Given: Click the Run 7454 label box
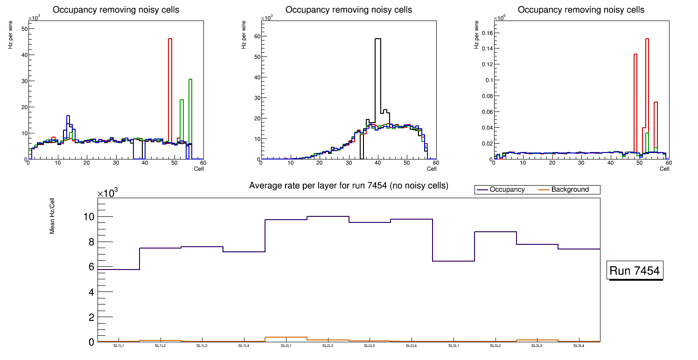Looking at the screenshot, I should [635, 271].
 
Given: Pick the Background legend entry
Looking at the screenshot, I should [570, 189].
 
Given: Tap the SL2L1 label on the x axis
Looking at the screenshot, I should [286, 346].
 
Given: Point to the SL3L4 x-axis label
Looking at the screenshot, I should [579, 346].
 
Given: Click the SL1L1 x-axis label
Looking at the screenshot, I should [119, 346].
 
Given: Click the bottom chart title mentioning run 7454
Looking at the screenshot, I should [349, 186].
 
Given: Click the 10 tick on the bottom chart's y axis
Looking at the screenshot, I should [89, 217].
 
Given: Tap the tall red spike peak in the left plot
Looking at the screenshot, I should [170, 39].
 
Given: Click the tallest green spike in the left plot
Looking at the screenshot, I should [190, 80].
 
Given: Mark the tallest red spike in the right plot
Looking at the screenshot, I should [647, 39].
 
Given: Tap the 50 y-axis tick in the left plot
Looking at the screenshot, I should [25, 29].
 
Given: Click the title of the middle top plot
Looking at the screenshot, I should [349, 10].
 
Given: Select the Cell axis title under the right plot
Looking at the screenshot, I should [664, 168].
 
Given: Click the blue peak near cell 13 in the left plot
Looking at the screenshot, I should [68, 116].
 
